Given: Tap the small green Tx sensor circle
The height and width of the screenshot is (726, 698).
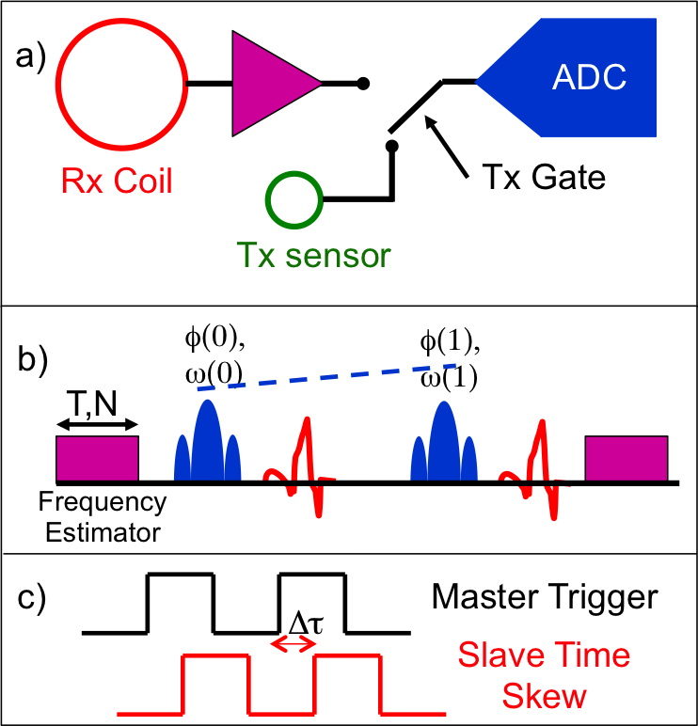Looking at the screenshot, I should pyautogui.click(x=294, y=197).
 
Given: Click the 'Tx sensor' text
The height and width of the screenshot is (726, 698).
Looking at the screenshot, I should pyautogui.click(x=313, y=254).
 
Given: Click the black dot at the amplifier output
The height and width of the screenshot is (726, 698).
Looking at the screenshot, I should pyautogui.click(x=363, y=85).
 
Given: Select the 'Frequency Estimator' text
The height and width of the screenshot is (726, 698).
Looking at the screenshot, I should pyautogui.click(x=102, y=516).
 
